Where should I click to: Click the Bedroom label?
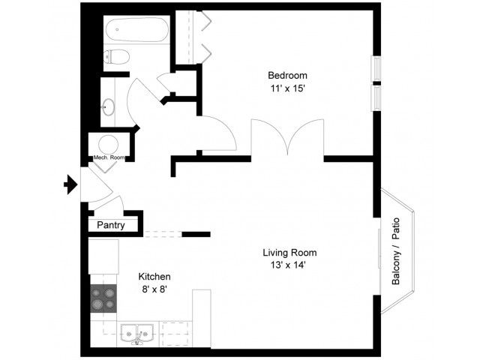[287, 75]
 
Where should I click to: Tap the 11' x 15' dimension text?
[287, 88]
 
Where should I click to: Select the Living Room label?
[289, 253]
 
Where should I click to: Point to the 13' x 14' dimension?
[288, 265]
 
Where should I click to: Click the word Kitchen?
[154, 277]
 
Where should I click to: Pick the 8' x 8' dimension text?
[154, 289]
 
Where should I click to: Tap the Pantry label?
[111, 225]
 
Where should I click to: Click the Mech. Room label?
[109, 157]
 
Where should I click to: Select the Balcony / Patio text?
[396, 251]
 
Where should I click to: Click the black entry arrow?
[70, 184]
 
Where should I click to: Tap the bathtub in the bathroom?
[137, 29]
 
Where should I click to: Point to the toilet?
[116, 57]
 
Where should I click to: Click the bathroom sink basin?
[108, 107]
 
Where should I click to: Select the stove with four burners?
[103, 298]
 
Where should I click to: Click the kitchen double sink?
[136, 333]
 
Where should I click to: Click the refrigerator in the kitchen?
[103, 256]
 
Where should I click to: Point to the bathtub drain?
[117, 30]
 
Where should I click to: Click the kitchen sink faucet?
[137, 339]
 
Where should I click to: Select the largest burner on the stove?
[97, 304]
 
